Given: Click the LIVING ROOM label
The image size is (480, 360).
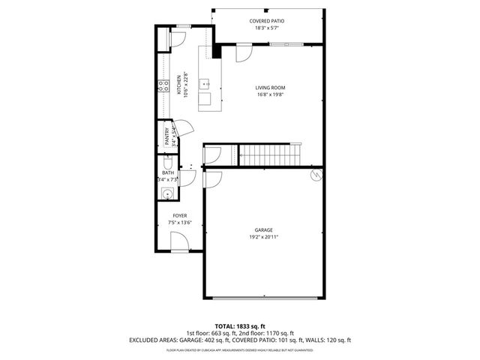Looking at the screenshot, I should (x=270, y=88).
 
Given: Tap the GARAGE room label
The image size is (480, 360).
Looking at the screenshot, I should (x=262, y=230).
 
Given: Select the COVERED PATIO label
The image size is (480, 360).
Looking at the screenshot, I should (x=267, y=21).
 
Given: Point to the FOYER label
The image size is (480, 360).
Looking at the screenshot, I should (x=180, y=215).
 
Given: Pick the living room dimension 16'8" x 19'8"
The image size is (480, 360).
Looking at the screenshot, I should (x=270, y=95).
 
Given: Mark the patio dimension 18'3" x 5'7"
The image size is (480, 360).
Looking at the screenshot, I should (x=267, y=28).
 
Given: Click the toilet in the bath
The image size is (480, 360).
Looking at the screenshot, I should (x=167, y=165).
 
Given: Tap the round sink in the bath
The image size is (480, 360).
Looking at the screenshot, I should (x=166, y=194).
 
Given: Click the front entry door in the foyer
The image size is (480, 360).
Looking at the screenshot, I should (x=180, y=241).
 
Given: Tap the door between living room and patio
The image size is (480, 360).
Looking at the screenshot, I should (x=244, y=52).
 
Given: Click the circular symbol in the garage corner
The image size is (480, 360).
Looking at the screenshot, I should (x=316, y=175).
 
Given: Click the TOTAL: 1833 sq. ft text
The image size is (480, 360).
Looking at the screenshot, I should (x=239, y=325).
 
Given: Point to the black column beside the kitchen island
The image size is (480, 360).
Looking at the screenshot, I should (x=217, y=51).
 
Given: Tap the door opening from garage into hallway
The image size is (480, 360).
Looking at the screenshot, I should (x=213, y=180).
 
